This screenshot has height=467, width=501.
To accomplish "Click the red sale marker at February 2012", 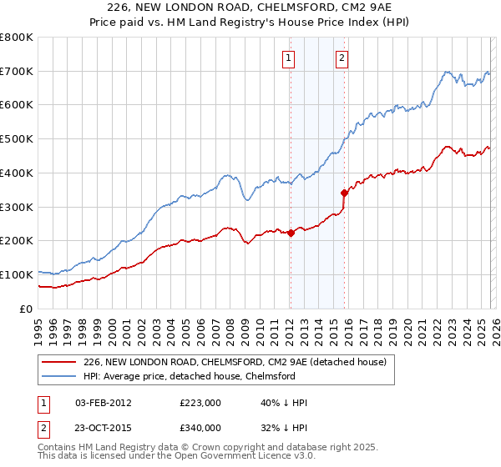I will [x=291, y=233].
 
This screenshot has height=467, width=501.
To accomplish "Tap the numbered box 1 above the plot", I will [x=288, y=58].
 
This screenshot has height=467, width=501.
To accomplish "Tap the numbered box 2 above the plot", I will [x=342, y=58].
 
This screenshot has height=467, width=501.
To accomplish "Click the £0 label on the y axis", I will [x=26, y=309].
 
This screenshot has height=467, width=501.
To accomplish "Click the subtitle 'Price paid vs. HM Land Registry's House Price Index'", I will [x=250, y=23].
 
